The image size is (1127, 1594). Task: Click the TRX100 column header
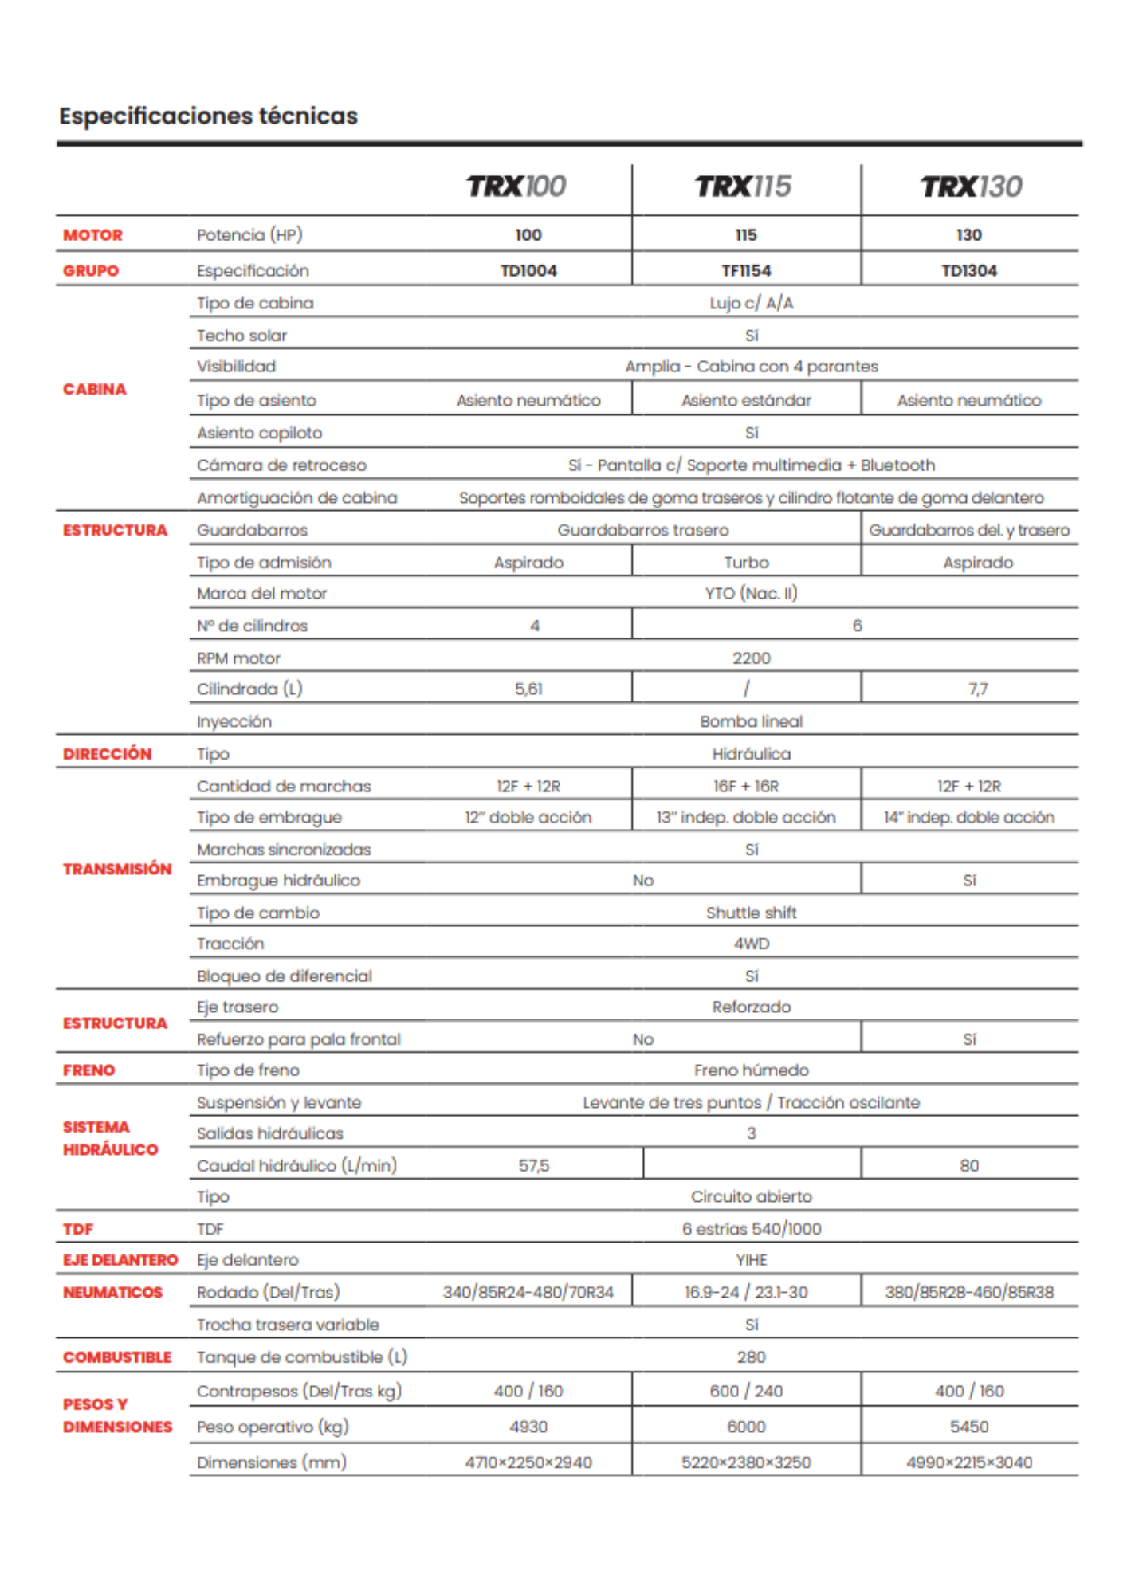[516, 186]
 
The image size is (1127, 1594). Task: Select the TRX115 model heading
[743, 186]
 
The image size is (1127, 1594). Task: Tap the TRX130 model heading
[971, 186]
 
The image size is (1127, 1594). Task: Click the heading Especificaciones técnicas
[208, 116]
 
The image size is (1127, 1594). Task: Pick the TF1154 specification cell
[746, 271]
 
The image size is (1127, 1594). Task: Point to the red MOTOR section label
[92, 235]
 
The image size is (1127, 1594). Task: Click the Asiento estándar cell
[746, 401]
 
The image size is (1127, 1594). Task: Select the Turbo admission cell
[746, 563]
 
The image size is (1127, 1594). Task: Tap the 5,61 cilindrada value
[528, 689]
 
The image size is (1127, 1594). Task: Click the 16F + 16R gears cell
[746, 787]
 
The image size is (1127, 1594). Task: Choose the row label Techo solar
[241, 336]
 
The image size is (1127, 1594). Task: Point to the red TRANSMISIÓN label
[117, 869]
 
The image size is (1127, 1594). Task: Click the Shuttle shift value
[751, 913]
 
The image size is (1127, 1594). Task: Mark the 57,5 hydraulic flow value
[533, 1166]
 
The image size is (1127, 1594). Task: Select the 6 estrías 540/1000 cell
[751, 1229]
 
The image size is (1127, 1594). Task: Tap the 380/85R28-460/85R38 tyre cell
[969, 1292]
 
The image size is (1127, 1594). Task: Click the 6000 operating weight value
[746, 1427]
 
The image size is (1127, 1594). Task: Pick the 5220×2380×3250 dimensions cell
[746, 1462]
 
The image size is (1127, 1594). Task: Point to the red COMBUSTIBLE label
[117, 1357]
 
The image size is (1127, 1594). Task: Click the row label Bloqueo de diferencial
[285, 976]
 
